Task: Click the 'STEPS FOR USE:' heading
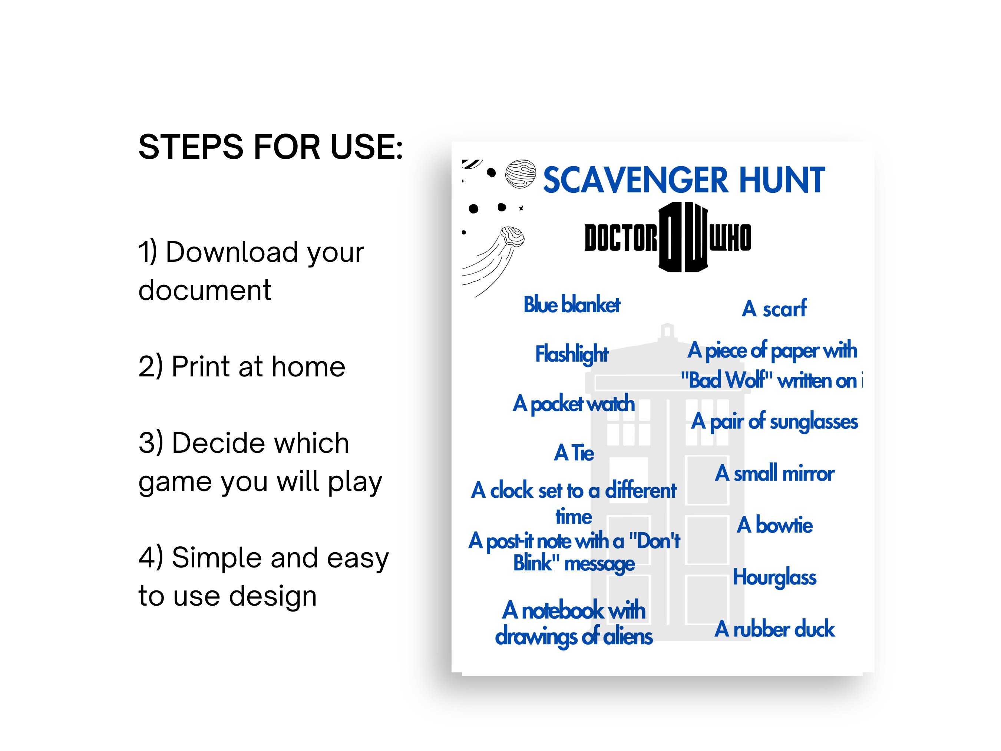(x=270, y=147)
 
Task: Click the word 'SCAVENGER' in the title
(x=636, y=180)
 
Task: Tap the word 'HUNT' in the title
(x=782, y=180)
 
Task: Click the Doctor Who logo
(x=667, y=237)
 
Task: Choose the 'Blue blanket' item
(x=572, y=304)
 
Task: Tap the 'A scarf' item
(x=774, y=309)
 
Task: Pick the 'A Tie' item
(x=574, y=453)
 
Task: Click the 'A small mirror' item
(x=774, y=474)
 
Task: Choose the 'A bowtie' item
(x=774, y=525)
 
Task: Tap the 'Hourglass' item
(x=774, y=577)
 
